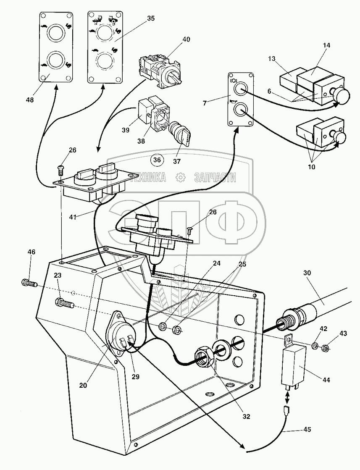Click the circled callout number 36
point(157,160)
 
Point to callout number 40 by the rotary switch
point(187,39)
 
